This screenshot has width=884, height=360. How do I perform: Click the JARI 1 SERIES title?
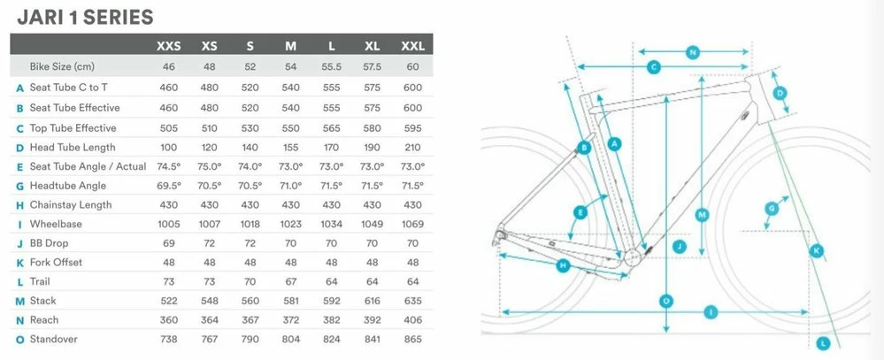85,18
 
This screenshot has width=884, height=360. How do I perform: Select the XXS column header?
168,46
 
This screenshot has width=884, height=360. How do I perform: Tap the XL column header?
372,46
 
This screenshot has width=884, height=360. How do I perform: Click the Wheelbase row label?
56,224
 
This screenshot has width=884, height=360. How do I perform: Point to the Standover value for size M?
291,339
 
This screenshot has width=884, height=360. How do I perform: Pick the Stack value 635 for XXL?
412,301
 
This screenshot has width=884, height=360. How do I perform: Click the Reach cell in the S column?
250,320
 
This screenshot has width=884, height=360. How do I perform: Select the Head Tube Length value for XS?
209,148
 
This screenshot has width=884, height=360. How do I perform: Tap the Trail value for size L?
332,281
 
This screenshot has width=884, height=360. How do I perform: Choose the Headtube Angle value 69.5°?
168,186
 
